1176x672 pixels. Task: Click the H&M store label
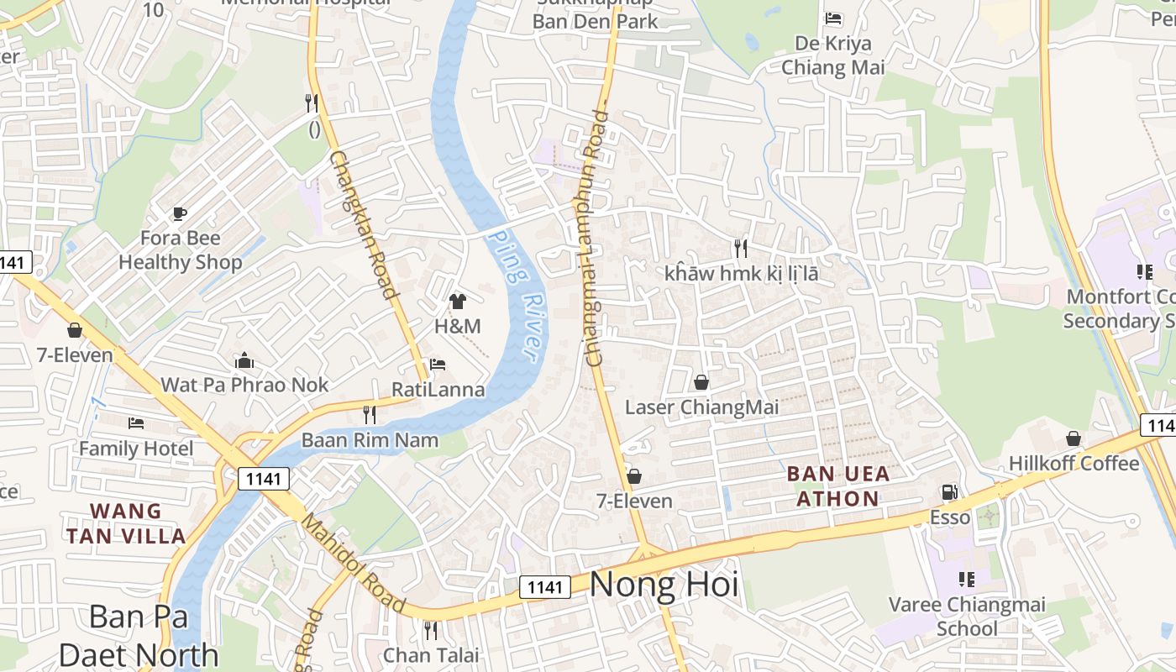pos(458,326)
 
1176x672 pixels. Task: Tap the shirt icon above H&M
pos(458,302)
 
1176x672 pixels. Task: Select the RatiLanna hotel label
pos(438,390)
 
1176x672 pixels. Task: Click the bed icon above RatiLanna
pos(438,365)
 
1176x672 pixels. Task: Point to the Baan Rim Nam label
pos(370,440)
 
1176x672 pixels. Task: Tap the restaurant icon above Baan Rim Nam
pos(369,414)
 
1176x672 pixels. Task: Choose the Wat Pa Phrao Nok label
pos(244,385)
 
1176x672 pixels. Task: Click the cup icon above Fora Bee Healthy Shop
pos(179,213)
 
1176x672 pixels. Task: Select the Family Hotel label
pos(136,449)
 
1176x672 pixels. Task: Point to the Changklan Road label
pos(362,225)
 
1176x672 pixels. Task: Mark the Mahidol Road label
pos(354,562)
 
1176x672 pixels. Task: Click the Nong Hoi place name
pos(664,585)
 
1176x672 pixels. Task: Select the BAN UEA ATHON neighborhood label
pos(837,486)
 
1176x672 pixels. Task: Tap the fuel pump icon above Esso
pos(949,492)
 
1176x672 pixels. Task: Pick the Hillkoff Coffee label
pos(1074,464)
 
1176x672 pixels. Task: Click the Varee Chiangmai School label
pos(967,617)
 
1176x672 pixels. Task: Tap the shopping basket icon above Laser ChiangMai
pos(701,383)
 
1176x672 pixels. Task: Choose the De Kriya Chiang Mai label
pos(833,55)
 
